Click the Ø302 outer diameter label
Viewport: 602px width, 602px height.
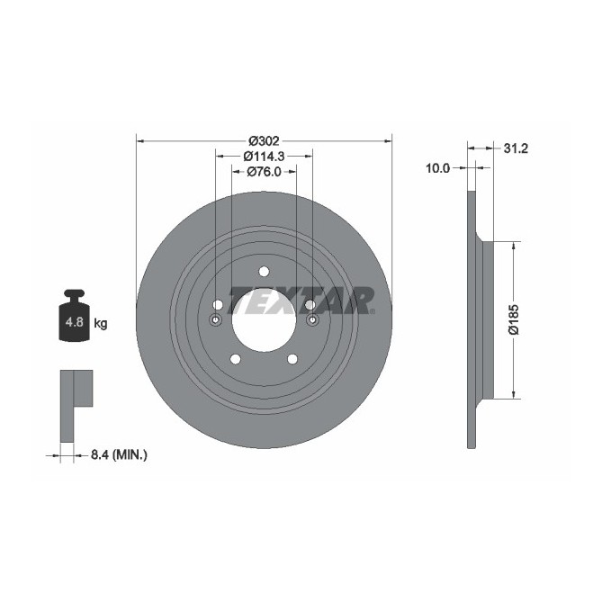[264, 140]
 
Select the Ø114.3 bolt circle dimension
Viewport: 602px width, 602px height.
[264, 156]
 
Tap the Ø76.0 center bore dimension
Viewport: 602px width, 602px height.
[264, 171]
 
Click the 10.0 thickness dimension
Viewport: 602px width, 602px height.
[438, 167]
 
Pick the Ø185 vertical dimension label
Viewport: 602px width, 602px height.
[512, 319]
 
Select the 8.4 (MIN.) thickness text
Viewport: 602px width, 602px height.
[118, 455]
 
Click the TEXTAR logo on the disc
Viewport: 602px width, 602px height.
[301, 300]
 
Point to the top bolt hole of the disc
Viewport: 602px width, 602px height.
[264, 272]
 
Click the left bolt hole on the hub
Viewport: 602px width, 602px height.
[217, 305]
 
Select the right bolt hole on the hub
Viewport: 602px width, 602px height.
[310, 305]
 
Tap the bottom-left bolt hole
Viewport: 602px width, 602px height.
[235, 359]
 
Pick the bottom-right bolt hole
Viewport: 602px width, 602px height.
[292, 359]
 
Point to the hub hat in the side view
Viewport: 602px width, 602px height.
[488, 319]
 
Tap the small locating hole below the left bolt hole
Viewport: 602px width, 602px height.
[215, 321]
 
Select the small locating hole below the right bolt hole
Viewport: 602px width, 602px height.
[312, 321]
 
